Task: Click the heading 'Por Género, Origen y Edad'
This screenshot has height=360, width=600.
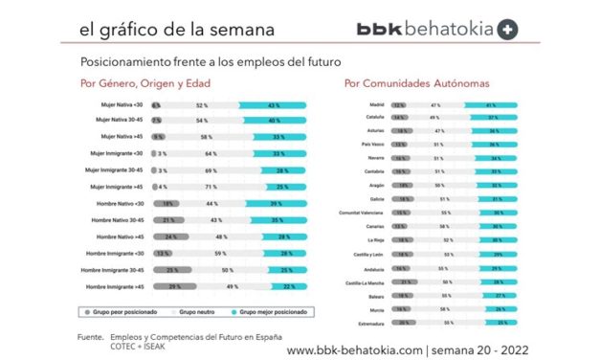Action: (145, 83)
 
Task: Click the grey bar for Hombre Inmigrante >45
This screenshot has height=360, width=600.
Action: (172, 286)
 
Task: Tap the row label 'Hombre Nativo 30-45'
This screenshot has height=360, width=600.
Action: (118, 220)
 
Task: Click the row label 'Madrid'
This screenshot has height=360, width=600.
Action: (378, 104)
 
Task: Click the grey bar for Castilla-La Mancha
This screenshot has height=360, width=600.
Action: (406, 283)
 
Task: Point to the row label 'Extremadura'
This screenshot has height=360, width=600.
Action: (371, 325)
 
